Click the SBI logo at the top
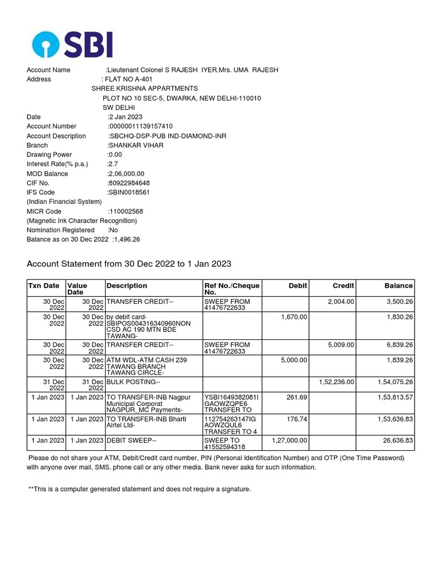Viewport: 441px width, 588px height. coord(72,44)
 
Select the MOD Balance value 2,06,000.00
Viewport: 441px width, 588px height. coord(126,173)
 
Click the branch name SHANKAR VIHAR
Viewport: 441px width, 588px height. coord(136,145)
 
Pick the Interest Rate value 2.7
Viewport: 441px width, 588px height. coord(113,164)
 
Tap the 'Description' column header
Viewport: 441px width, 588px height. coord(126,285)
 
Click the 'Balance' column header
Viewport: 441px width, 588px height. coord(399,285)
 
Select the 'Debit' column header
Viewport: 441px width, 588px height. coord(299,285)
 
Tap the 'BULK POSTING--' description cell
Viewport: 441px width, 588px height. coord(130,381)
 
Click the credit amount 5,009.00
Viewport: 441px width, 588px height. coord(341,345)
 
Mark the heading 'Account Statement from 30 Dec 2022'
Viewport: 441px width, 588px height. coord(129,264)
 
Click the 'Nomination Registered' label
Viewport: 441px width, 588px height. coord(60,230)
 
